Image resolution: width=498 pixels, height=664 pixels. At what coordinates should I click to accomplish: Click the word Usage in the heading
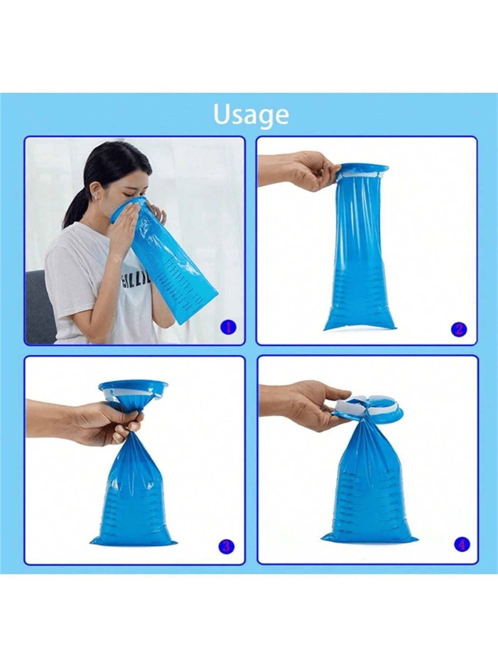pyautogui.click(x=251, y=115)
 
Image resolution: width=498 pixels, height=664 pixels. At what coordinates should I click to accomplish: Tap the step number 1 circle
pyautogui.click(x=228, y=327)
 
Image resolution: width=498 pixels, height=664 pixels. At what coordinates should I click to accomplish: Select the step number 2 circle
pyautogui.click(x=459, y=329)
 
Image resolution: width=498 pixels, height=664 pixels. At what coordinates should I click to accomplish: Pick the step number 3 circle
pyautogui.click(x=226, y=546)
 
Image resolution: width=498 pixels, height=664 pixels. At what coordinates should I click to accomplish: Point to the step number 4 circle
pyautogui.click(x=462, y=545)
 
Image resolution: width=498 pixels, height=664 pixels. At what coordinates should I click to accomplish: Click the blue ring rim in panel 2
pyautogui.click(x=362, y=169)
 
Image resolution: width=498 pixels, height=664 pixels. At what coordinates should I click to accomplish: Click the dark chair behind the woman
pyautogui.click(x=39, y=309)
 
